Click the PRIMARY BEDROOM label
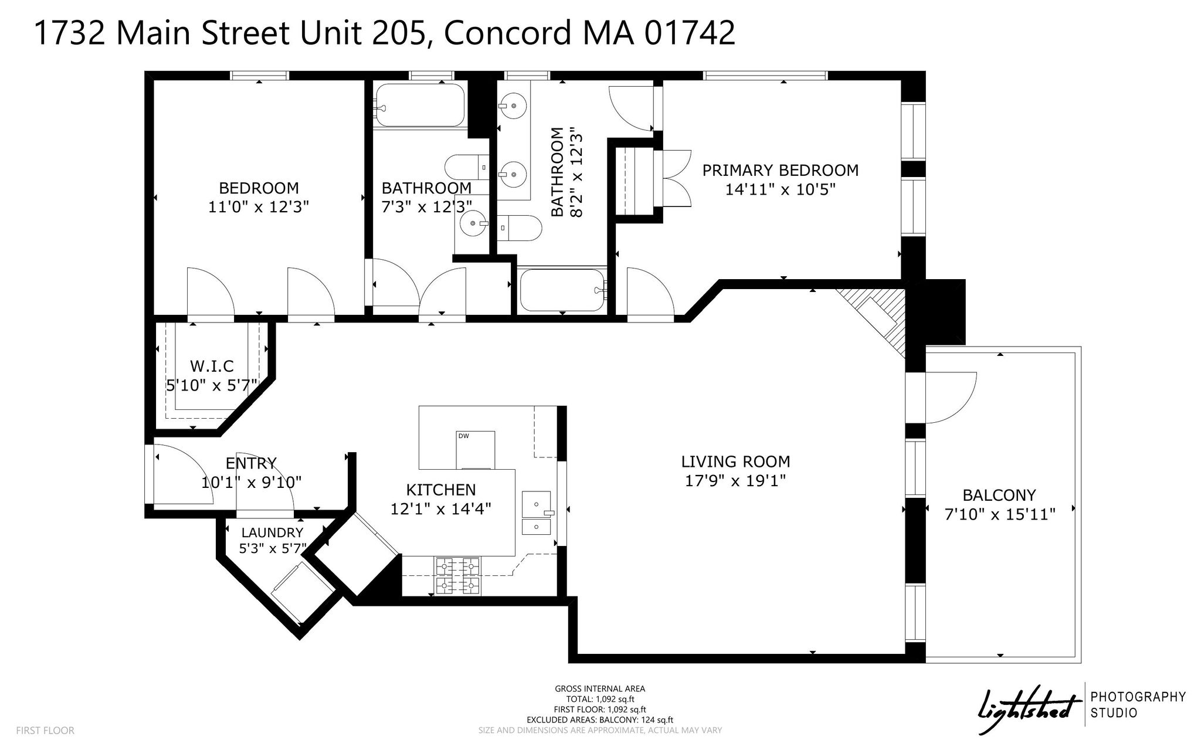[780, 170]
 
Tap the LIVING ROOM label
[735, 461]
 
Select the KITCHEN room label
[441, 490]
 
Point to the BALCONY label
[999, 496]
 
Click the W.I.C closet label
[212, 366]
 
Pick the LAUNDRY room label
[272, 532]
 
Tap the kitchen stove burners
[457, 575]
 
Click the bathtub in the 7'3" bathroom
[420, 106]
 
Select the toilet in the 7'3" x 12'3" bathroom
[467, 167]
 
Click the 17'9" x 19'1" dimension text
[735, 481]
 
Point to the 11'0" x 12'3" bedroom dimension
[259, 207]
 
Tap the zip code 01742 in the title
[689, 33]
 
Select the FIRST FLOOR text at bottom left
[45, 731]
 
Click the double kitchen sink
[537, 513]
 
